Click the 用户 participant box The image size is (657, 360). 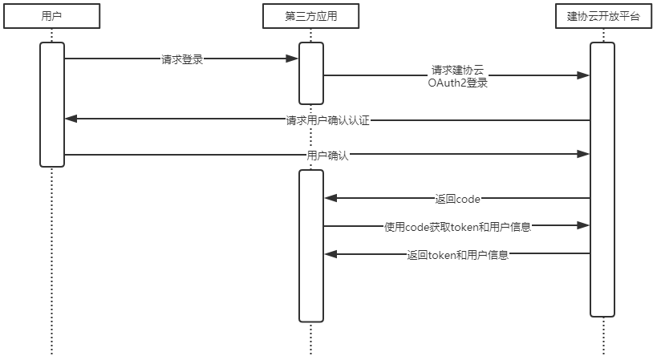coord(51,16)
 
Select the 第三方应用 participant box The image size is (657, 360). coord(310,16)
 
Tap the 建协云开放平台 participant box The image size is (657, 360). coord(602,16)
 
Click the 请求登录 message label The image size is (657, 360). coord(182,59)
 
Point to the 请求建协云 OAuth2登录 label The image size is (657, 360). coord(458,76)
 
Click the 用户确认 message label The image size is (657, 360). coord(327,156)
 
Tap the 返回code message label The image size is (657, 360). coord(457,199)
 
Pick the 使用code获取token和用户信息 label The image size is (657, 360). coord(457,227)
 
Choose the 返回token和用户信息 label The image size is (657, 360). coord(457,256)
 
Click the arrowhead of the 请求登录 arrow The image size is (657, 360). coord(294,59)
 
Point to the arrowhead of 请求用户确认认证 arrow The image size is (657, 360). coord(71,119)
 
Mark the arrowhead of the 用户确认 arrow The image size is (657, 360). coord(585,154)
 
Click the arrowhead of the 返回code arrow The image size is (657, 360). coord(330,198)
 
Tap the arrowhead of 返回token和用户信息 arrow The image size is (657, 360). coord(330,254)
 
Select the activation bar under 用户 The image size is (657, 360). coord(52,104)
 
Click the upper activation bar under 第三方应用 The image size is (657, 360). coord(311,73)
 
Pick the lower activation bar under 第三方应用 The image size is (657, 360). coord(311,245)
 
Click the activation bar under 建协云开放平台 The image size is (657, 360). coord(602,179)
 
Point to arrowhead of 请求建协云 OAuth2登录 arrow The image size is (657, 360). coord(585,75)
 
